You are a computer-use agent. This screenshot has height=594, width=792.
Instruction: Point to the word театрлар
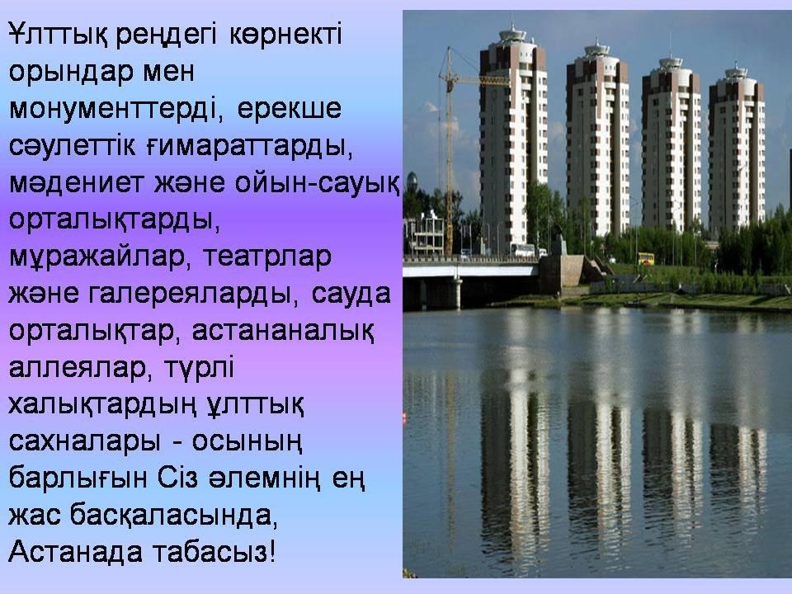[x=266, y=257]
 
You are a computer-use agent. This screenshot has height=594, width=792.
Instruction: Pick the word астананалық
[x=283, y=332]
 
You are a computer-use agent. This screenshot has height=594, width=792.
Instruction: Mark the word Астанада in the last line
[x=75, y=552]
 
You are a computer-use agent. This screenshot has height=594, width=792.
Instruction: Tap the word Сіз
[x=177, y=478]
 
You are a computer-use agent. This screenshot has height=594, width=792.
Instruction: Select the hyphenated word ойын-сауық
[x=317, y=183]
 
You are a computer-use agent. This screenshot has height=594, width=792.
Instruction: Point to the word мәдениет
[x=76, y=183]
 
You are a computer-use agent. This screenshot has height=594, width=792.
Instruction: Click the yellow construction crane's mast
[x=449, y=152]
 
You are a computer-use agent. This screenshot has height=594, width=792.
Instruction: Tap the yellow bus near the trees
[x=645, y=259]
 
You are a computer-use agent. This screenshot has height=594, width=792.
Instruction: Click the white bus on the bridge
[x=522, y=249]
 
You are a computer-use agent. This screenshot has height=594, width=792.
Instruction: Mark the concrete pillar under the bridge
[x=457, y=293]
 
